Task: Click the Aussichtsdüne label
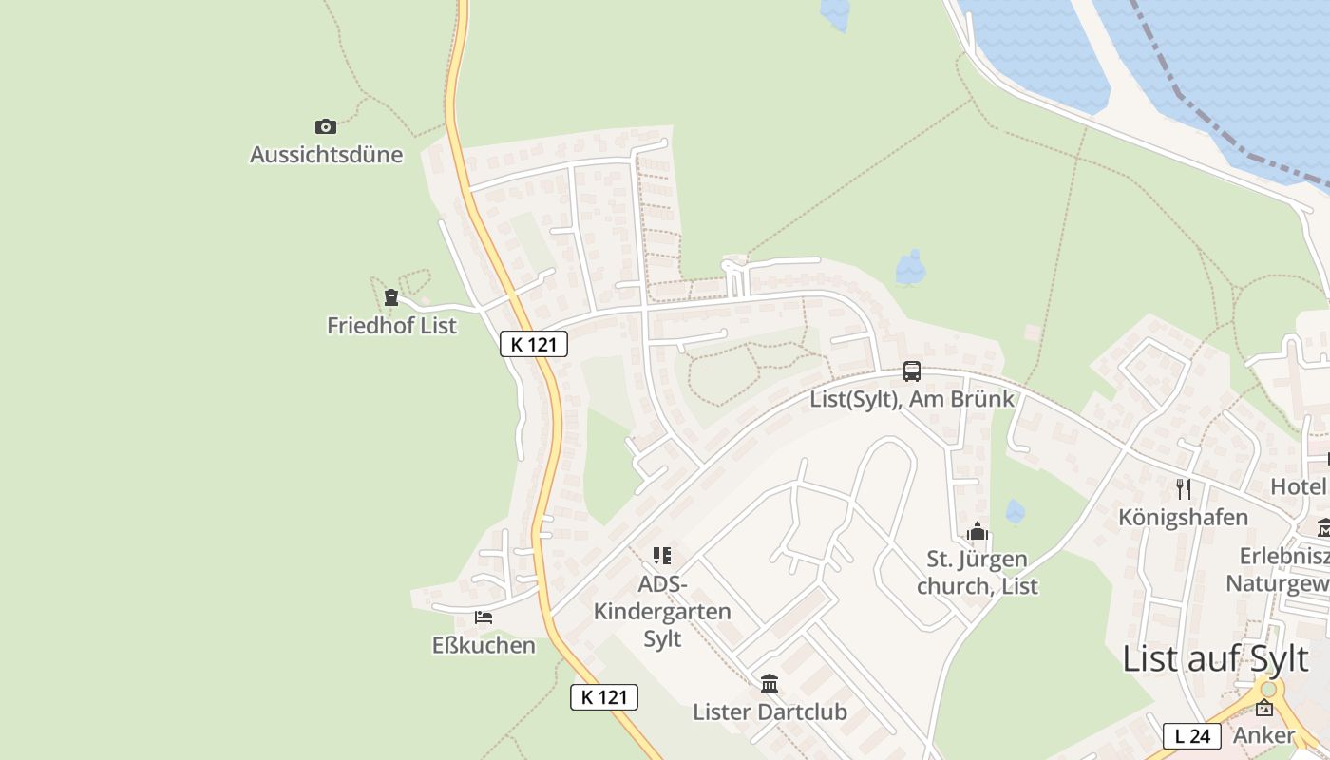[x=326, y=154]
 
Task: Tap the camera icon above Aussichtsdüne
[x=326, y=126]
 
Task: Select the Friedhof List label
[x=391, y=325]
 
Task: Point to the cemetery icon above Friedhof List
[x=390, y=297]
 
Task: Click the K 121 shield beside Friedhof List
[x=533, y=344]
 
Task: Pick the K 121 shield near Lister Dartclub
[x=603, y=697]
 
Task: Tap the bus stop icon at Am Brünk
[x=912, y=370]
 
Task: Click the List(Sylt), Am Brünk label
[x=912, y=399]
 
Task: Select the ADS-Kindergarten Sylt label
[x=662, y=610]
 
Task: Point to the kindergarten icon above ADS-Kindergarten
[x=662, y=555]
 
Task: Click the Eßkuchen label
[x=484, y=645]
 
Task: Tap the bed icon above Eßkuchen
[x=484, y=617]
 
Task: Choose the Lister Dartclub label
[x=769, y=712]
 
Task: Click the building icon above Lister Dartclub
[x=769, y=683]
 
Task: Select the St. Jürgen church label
[x=978, y=572]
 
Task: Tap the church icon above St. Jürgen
[x=978, y=532]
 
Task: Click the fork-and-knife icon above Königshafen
[x=1183, y=489]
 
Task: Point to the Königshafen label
[x=1183, y=517]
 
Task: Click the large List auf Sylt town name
[x=1215, y=657]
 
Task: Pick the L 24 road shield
[x=1191, y=735]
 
